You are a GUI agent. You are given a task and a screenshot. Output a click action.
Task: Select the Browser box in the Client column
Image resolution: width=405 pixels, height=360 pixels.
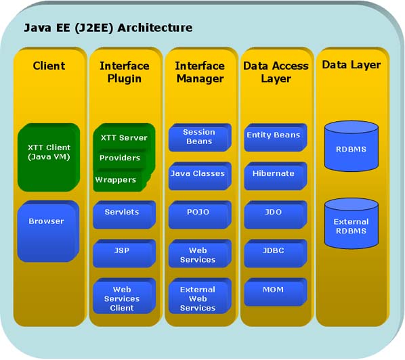(x=47, y=221)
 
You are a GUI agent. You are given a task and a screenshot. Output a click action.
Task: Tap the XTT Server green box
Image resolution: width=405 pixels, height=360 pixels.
(x=124, y=137)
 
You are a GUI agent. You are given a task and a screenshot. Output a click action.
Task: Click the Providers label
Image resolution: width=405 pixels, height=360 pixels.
(x=120, y=158)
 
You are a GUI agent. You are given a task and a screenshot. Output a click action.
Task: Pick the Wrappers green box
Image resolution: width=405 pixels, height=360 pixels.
(x=115, y=180)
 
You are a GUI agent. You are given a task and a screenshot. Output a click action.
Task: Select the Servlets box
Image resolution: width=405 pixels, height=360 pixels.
(x=122, y=212)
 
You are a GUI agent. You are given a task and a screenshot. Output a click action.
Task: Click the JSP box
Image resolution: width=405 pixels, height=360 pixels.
(x=122, y=250)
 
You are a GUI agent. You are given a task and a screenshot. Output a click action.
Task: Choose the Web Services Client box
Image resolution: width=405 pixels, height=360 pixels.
(x=122, y=298)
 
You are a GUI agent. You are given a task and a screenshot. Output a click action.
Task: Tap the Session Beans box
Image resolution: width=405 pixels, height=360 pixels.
(x=199, y=137)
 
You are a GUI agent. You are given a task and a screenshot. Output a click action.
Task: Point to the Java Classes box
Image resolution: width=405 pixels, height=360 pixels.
(x=198, y=174)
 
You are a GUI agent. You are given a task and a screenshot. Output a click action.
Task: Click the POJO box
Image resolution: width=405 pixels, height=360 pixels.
(x=198, y=212)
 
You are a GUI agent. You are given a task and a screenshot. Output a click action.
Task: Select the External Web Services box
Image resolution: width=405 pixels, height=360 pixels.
(x=198, y=298)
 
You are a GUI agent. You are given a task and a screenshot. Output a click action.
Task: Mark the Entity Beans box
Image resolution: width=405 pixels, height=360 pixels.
(x=273, y=135)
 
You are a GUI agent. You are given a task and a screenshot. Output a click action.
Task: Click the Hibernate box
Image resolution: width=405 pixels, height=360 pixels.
(x=273, y=174)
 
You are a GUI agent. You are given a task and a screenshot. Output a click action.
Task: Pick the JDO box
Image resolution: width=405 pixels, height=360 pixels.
(x=273, y=212)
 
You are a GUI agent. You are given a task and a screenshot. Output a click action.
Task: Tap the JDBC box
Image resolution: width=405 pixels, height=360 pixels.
(x=273, y=250)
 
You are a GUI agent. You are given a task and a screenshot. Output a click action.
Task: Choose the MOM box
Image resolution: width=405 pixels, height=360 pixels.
(x=273, y=289)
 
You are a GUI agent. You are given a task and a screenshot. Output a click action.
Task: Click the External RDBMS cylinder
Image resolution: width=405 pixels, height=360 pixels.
(x=351, y=226)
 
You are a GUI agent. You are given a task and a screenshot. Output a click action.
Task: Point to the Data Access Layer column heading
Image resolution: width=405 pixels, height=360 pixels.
(x=276, y=72)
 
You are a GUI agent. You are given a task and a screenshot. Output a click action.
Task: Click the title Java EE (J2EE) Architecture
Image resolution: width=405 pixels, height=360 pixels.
(x=108, y=28)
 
